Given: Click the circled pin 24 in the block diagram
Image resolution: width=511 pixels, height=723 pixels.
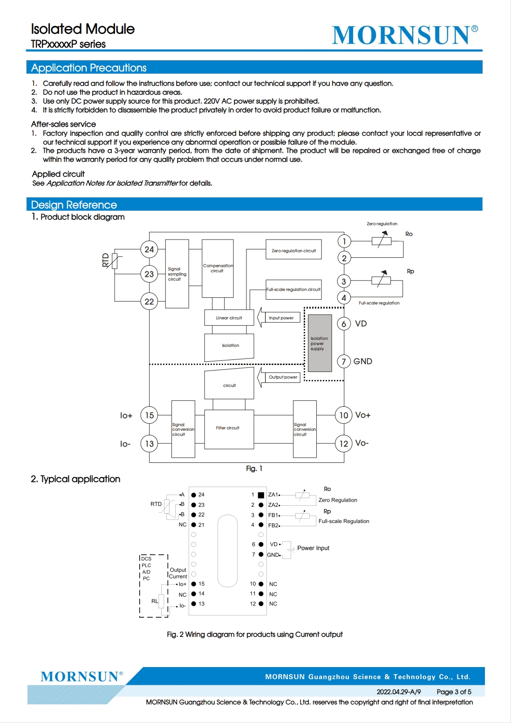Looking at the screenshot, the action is tap(149, 249).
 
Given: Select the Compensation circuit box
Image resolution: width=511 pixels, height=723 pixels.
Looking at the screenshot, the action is tap(218, 268).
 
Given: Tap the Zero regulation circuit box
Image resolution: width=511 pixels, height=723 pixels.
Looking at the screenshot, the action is tap(293, 249).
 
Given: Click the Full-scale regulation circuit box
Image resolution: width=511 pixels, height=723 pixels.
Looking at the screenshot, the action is tap(293, 289).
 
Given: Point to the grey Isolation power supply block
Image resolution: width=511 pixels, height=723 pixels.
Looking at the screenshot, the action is tap(320, 343).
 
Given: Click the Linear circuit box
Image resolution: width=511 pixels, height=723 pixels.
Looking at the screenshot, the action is tap(229, 317).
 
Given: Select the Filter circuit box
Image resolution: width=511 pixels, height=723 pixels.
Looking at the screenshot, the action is tap(229, 429).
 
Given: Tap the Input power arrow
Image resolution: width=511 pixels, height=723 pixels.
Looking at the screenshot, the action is tap(279, 317).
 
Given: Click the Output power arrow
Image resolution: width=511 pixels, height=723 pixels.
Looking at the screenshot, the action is tap(279, 377).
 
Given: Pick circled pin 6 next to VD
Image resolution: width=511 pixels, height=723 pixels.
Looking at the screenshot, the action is tap(344, 324).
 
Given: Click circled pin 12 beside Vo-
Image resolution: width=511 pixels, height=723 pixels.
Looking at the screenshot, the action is tap(344, 443).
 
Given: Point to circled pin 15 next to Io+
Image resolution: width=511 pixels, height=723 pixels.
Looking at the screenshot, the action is tap(149, 415).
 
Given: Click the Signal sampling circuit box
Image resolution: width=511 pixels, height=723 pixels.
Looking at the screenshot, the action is tap(177, 274).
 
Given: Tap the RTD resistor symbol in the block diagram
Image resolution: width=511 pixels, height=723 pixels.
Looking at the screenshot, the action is tap(115, 261).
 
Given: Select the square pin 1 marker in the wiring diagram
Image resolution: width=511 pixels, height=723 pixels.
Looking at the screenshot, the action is tap(261, 495).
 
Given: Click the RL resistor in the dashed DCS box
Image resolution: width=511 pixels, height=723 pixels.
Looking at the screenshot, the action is tap(162, 601).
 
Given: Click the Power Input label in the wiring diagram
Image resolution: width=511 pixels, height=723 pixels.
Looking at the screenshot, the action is tap(313, 548).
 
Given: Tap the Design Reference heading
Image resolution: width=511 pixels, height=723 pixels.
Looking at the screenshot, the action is tap(74, 205).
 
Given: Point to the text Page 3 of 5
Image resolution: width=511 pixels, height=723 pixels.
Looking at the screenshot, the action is tap(454, 692).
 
